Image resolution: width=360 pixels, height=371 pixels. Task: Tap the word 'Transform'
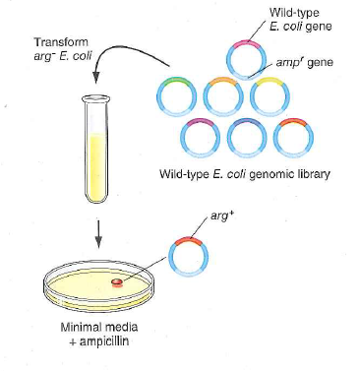point(59,43)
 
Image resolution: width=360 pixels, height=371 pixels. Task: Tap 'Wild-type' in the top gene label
point(291,11)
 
